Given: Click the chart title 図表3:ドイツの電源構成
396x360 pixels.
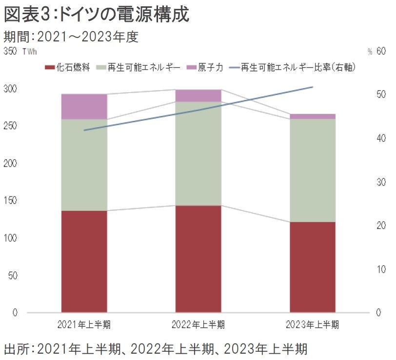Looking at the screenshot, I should point(97,15).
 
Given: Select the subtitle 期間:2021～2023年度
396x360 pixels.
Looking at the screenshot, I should point(71,37).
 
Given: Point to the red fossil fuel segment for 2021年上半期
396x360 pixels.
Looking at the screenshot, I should point(84,261).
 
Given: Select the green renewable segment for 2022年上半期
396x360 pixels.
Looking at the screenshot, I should point(198,153).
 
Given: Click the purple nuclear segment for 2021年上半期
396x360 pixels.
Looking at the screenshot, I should point(84,107).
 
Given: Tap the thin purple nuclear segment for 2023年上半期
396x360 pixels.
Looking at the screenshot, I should point(312,116).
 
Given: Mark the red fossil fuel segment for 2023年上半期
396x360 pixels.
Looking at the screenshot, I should point(312,267).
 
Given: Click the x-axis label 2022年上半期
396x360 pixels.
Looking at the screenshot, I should point(198,324).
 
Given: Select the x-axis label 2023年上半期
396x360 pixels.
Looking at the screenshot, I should point(312,324).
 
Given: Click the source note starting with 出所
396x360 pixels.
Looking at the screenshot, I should point(155,349).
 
